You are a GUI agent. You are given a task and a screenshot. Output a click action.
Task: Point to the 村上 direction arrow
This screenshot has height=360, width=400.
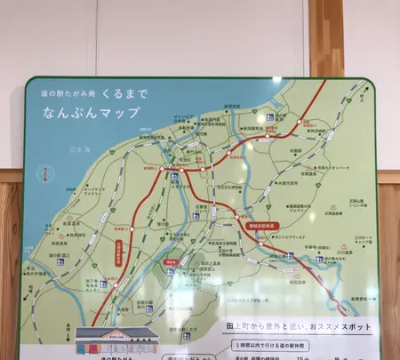click(364, 91)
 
